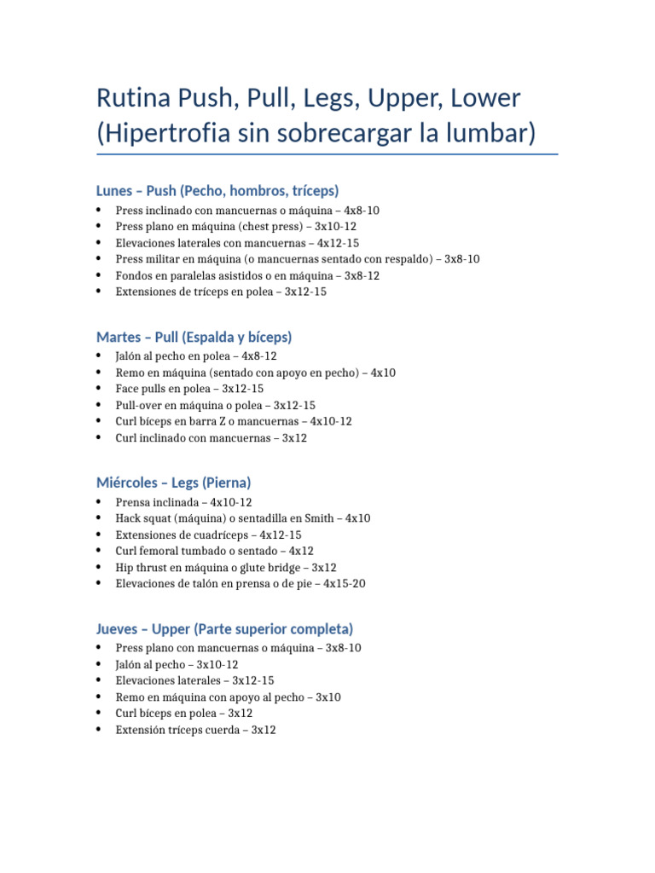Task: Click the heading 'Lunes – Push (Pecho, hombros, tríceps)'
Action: pos(217,190)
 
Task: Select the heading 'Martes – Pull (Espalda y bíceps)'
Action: pos(194,337)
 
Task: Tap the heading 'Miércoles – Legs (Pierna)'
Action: pos(173,483)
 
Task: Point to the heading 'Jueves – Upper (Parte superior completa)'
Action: pos(224,629)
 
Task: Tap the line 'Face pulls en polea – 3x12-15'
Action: pos(189,389)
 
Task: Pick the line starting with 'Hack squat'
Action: pos(243,518)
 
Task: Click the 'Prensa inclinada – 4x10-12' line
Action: pos(183,502)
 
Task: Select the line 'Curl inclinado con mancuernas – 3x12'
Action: pos(211,438)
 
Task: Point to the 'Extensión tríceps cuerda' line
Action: pos(195,730)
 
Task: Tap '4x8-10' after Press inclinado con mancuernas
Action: pos(362,210)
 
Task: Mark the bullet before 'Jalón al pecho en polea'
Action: pos(99,356)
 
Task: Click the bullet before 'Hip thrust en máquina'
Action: pos(99,568)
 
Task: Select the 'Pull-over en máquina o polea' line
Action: pos(215,405)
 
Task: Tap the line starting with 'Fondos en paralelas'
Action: pos(247,275)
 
